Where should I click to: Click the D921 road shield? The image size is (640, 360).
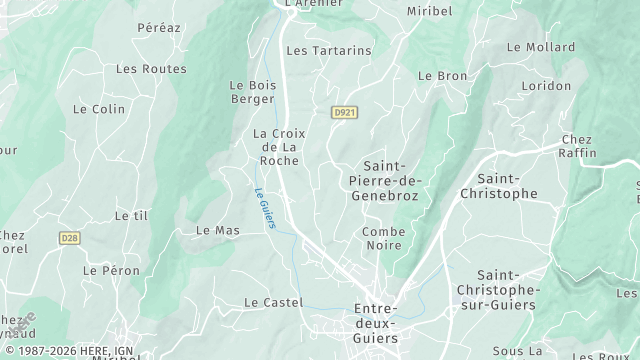tap(344, 113)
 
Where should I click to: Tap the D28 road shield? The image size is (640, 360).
tap(68, 238)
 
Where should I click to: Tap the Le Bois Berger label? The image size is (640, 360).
tap(252, 93)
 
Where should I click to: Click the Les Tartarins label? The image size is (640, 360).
tap(328, 50)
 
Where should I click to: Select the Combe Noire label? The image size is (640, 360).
tap(382, 238)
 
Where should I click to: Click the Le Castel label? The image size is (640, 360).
tap(273, 302)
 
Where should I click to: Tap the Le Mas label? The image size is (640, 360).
tap(217, 230)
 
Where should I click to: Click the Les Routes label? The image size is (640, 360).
tap(151, 69)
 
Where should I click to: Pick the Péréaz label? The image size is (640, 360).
tap(159, 28)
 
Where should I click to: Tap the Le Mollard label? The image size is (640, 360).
tap(541, 47)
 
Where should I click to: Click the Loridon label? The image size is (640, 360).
tap(545, 86)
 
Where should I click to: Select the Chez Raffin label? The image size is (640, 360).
tap(578, 146)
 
